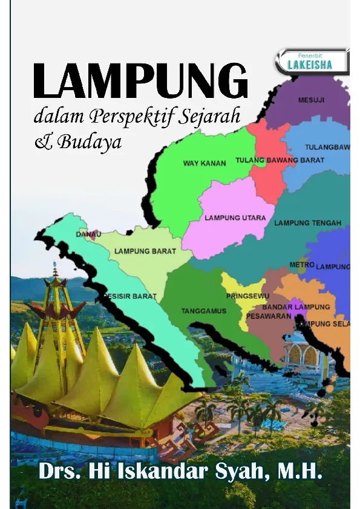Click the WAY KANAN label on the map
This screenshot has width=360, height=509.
[x=205, y=163]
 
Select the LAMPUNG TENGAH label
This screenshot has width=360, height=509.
[x=308, y=223]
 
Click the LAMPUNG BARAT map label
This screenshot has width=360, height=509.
[x=145, y=251]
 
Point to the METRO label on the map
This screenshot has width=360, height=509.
[x=301, y=265]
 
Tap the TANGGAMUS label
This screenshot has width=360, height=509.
[x=204, y=311]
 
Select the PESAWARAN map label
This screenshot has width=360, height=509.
[x=269, y=316]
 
